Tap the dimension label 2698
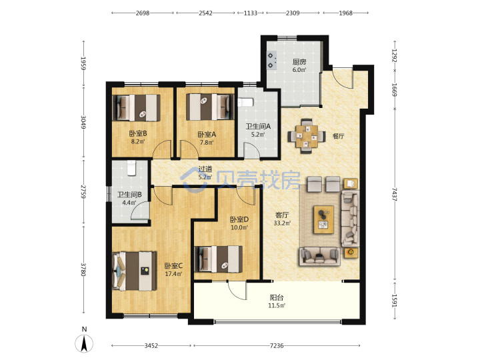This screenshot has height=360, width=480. [x=143, y=13]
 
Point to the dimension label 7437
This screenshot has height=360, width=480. [x=394, y=195]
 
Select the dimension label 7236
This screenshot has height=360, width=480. [x=277, y=345]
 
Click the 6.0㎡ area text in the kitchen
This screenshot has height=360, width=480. [x=299, y=70]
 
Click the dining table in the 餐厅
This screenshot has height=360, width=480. [x=307, y=136]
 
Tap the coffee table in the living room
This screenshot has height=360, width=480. [x=323, y=219]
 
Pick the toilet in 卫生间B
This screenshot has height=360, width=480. [x=131, y=168]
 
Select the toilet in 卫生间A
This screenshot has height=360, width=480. [x=245, y=102]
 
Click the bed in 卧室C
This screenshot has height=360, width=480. [x=135, y=271]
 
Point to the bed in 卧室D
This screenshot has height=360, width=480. [x=219, y=259]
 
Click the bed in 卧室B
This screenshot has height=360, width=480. [x=137, y=107]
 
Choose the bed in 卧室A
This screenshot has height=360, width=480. [x=208, y=107]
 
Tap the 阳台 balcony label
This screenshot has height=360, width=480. [x=277, y=297]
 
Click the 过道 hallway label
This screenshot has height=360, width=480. [x=205, y=169]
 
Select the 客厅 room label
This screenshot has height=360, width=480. [x=282, y=215]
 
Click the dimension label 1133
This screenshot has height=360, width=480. [x=251, y=13]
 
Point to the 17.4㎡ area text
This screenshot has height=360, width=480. [x=173, y=274]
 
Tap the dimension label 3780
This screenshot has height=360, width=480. [x=83, y=269]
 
